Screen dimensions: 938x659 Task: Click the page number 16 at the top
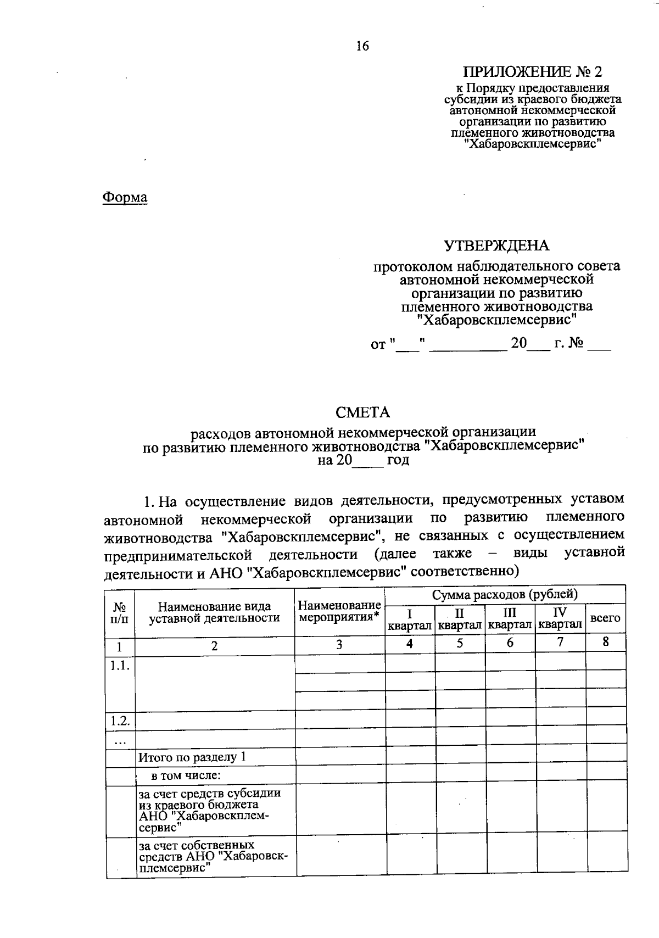tap(362, 46)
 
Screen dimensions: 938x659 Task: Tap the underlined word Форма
tap(125, 197)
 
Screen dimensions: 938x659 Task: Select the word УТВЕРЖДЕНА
tap(496, 245)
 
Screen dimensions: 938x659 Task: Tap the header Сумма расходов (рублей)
tap(505, 594)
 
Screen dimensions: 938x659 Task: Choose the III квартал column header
tap(510, 618)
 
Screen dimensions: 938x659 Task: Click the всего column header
tap(605, 618)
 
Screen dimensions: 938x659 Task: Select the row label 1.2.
tap(119, 721)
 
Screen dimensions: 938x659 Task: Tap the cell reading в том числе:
tap(186, 776)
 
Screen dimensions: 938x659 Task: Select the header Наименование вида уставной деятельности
tap(214, 612)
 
